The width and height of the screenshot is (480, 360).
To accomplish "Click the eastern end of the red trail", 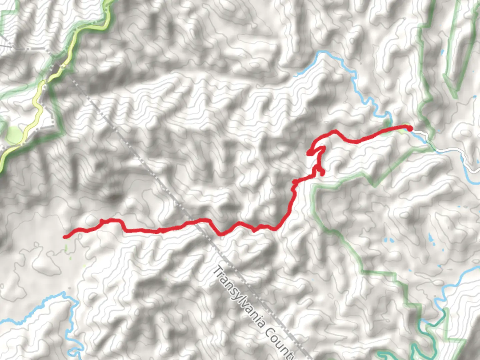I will coord(410,128).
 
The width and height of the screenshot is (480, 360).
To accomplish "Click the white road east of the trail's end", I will coord(447,152).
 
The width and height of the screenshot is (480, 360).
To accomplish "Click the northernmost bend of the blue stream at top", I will coord(322,52).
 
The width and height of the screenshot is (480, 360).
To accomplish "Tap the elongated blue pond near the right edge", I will coord(430,237).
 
